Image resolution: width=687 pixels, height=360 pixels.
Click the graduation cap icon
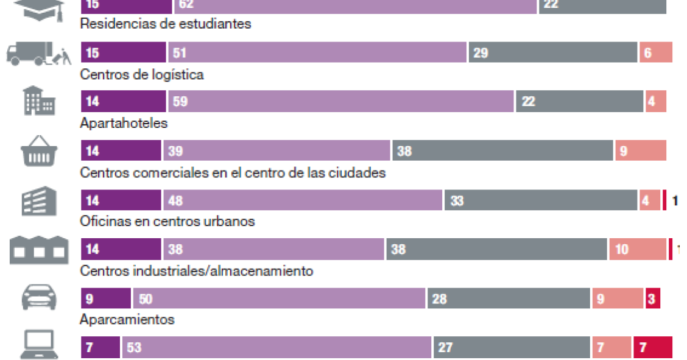[x=38, y=9]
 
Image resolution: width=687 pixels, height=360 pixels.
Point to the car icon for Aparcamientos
[x=39, y=298]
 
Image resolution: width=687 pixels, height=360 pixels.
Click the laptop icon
[x=39, y=345]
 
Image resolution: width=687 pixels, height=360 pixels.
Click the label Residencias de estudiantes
[x=166, y=24]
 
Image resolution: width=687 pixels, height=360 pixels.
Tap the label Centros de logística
[x=142, y=74]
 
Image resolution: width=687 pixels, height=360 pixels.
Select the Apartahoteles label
[x=124, y=123]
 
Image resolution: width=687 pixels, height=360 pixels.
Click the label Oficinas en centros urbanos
[x=167, y=221]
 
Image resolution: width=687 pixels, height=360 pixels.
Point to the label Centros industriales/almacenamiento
[x=197, y=270]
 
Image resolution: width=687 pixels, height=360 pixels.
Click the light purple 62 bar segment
[x=355, y=5]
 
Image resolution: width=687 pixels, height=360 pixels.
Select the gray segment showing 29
[x=552, y=53]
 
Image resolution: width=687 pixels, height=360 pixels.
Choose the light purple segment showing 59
[x=340, y=102]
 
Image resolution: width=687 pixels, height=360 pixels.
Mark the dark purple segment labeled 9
[x=106, y=298]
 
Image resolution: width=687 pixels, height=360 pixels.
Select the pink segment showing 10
[x=638, y=249]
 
